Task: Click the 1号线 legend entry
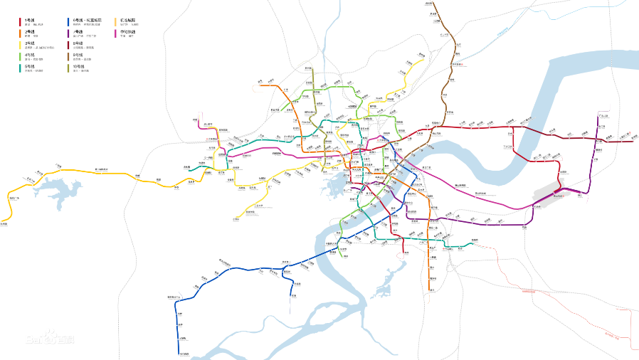[x=30, y=20]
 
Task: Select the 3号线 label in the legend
[x=30, y=43]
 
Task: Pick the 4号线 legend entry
[x=30, y=55]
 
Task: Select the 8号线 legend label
[x=78, y=43]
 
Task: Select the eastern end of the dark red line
[x=632, y=142]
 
